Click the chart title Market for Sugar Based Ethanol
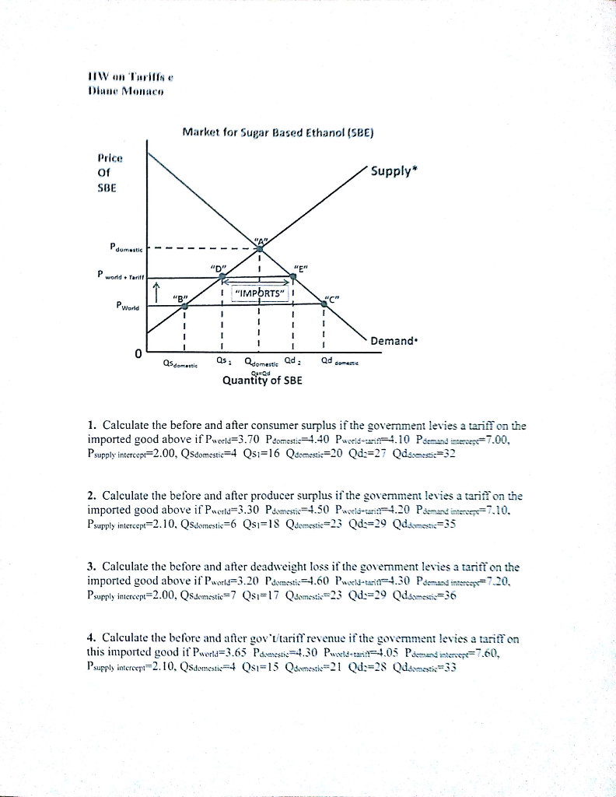tap(278, 132)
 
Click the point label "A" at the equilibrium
tap(260, 239)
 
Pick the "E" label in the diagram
tap(301, 270)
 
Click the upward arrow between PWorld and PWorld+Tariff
tap(157, 292)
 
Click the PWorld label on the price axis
tap(117, 306)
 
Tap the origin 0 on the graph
tap(138, 355)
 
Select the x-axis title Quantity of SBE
tap(262, 381)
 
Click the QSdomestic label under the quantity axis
tap(180, 362)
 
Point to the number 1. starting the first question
tap(93, 426)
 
